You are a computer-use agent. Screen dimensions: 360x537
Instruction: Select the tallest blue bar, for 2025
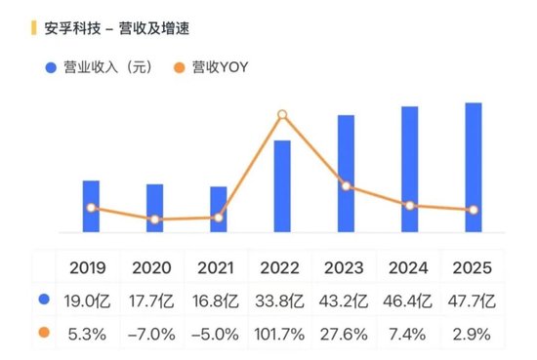click(x=473, y=167)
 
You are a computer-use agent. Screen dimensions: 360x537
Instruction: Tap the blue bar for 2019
click(x=91, y=206)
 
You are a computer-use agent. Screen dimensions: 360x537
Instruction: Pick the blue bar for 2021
click(x=219, y=209)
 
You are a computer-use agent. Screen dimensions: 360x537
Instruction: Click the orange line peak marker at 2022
click(x=282, y=115)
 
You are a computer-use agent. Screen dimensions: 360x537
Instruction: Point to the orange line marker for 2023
click(x=346, y=187)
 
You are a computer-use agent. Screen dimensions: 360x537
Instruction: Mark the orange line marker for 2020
click(x=155, y=220)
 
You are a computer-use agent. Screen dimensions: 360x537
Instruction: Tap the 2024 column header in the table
click(x=409, y=267)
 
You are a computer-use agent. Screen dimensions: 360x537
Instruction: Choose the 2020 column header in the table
click(x=155, y=267)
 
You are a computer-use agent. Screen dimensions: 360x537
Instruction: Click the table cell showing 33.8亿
click(x=282, y=300)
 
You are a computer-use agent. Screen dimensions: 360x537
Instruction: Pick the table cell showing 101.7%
click(x=282, y=334)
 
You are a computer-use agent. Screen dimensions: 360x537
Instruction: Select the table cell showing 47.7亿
click(x=473, y=300)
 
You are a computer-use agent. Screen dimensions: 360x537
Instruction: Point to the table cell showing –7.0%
click(x=155, y=334)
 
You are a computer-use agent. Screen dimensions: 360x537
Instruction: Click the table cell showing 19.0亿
click(x=92, y=300)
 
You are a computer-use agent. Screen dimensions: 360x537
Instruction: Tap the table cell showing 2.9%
click(x=473, y=334)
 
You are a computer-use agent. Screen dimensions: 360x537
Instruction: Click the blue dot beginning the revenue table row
click(x=43, y=300)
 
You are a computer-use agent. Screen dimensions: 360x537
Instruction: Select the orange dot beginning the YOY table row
click(x=43, y=334)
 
